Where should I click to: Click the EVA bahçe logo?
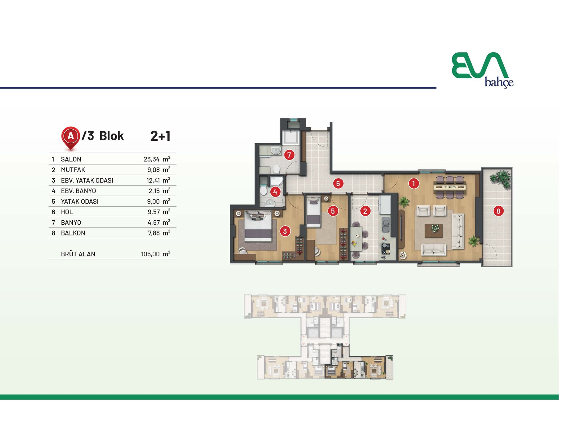tap(482, 70)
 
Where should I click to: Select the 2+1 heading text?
tap(160, 136)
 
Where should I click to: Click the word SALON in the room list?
tap(71, 159)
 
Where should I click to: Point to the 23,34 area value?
tap(152, 159)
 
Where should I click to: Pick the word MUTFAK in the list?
tap(73, 170)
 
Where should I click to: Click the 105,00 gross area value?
tap(150, 254)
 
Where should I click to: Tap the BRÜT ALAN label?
tap(78, 254)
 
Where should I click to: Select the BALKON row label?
tap(73, 233)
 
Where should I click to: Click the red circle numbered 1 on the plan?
tap(414, 183)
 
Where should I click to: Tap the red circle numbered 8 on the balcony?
tap(498, 211)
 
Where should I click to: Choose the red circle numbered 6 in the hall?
tap(338, 183)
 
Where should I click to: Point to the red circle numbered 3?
tap(285, 231)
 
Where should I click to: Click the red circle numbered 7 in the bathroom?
tap(289, 155)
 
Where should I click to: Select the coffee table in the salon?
tap(433, 231)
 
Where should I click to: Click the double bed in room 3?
tap(258, 226)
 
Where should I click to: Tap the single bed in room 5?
tap(314, 212)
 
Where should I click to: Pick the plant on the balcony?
tap(500, 179)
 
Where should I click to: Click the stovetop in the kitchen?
tap(385, 248)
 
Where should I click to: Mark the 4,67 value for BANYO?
tap(153, 222)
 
